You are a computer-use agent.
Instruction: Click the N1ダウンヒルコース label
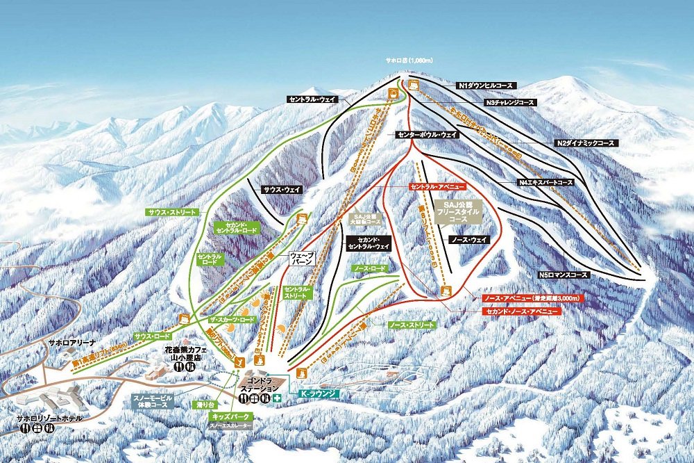click(486, 85)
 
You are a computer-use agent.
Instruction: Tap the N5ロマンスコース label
click(563, 275)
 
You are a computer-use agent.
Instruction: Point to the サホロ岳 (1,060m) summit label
click(409, 60)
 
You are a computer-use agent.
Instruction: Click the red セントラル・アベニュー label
click(435, 188)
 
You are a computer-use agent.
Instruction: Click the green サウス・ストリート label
click(172, 211)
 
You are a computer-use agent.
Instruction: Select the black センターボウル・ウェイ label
click(428, 134)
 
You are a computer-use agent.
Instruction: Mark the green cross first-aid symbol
click(278, 398)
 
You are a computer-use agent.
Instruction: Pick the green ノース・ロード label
click(369, 268)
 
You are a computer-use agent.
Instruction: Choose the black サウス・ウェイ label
click(282, 189)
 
